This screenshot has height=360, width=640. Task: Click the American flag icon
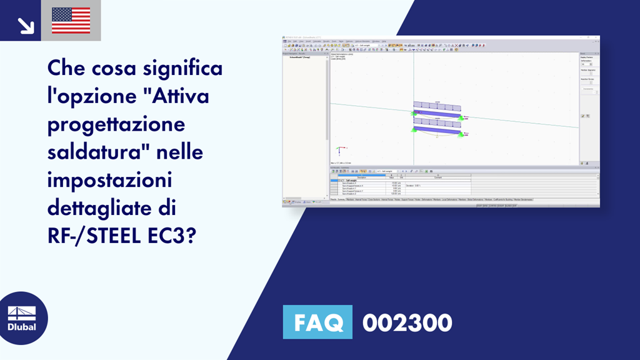click(71, 21)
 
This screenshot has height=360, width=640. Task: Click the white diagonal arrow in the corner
click(25, 25)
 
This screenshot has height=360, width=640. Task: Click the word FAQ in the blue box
click(318, 322)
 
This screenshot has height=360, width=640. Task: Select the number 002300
click(407, 323)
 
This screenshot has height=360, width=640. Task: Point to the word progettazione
click(116, 124)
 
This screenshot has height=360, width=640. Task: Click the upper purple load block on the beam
click(437, 107)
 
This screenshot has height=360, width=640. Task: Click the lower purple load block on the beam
click(437, 123)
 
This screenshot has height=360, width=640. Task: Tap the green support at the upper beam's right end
click(460, 117)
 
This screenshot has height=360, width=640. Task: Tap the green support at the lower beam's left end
click(413, 129)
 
